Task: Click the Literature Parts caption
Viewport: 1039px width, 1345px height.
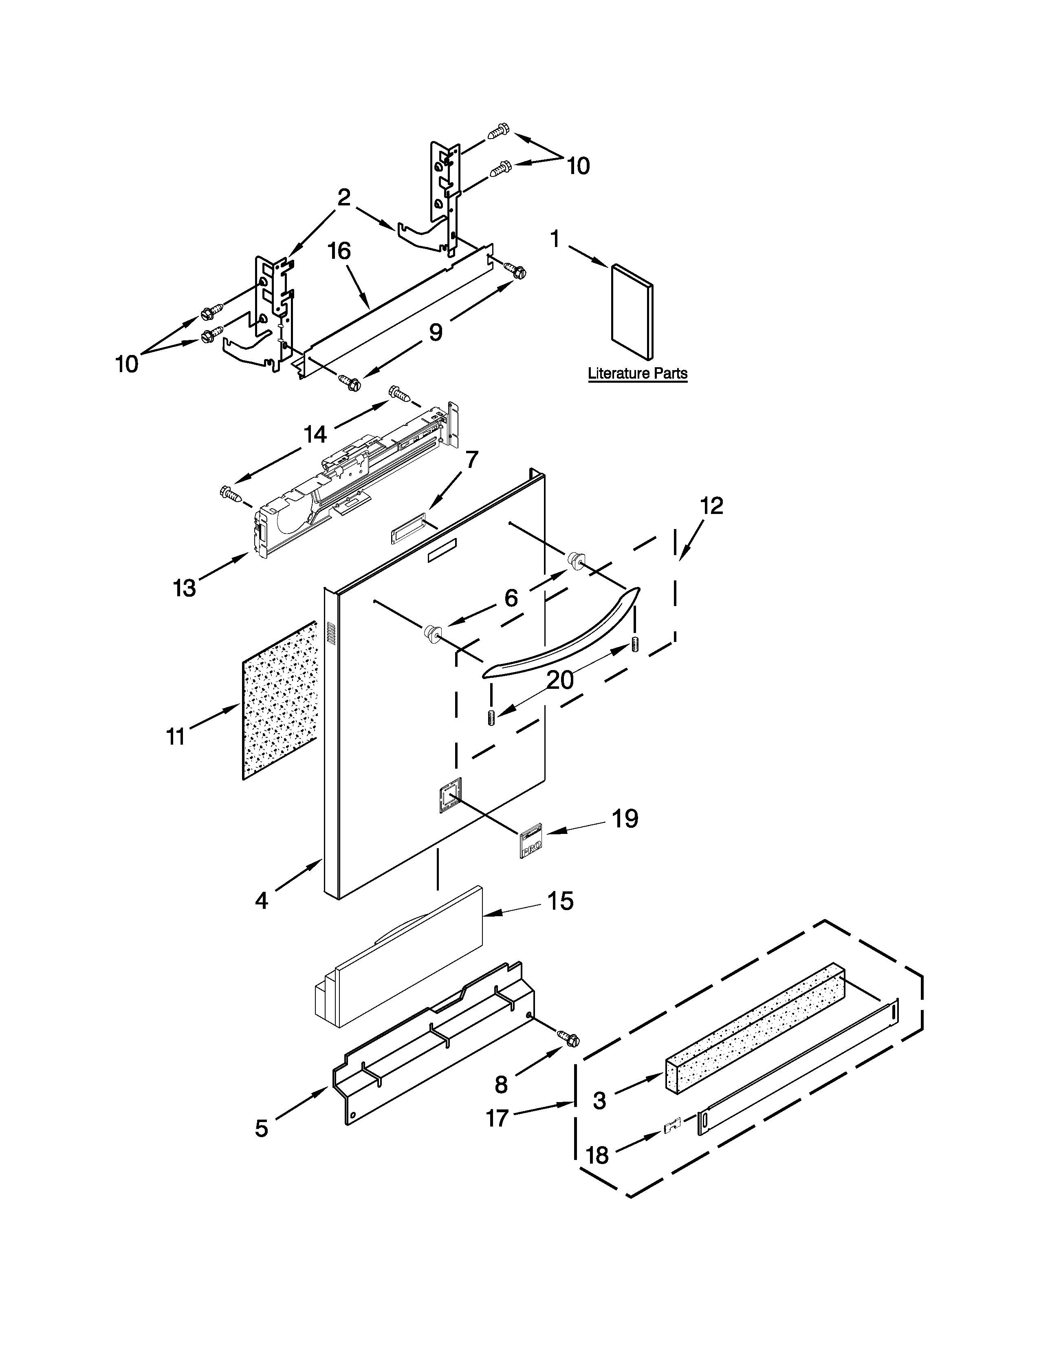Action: coord(637,373)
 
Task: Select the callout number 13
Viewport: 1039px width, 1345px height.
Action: coord(184,587)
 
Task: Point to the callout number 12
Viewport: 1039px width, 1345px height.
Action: coord(711,506)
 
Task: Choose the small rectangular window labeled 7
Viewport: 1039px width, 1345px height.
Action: coord(407,528)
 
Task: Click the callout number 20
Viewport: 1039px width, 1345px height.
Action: coord(560,680)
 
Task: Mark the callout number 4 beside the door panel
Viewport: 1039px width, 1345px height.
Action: coord(262,901)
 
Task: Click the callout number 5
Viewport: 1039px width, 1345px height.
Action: coord(262,1128)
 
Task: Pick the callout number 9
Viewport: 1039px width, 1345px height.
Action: coord(435,333)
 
